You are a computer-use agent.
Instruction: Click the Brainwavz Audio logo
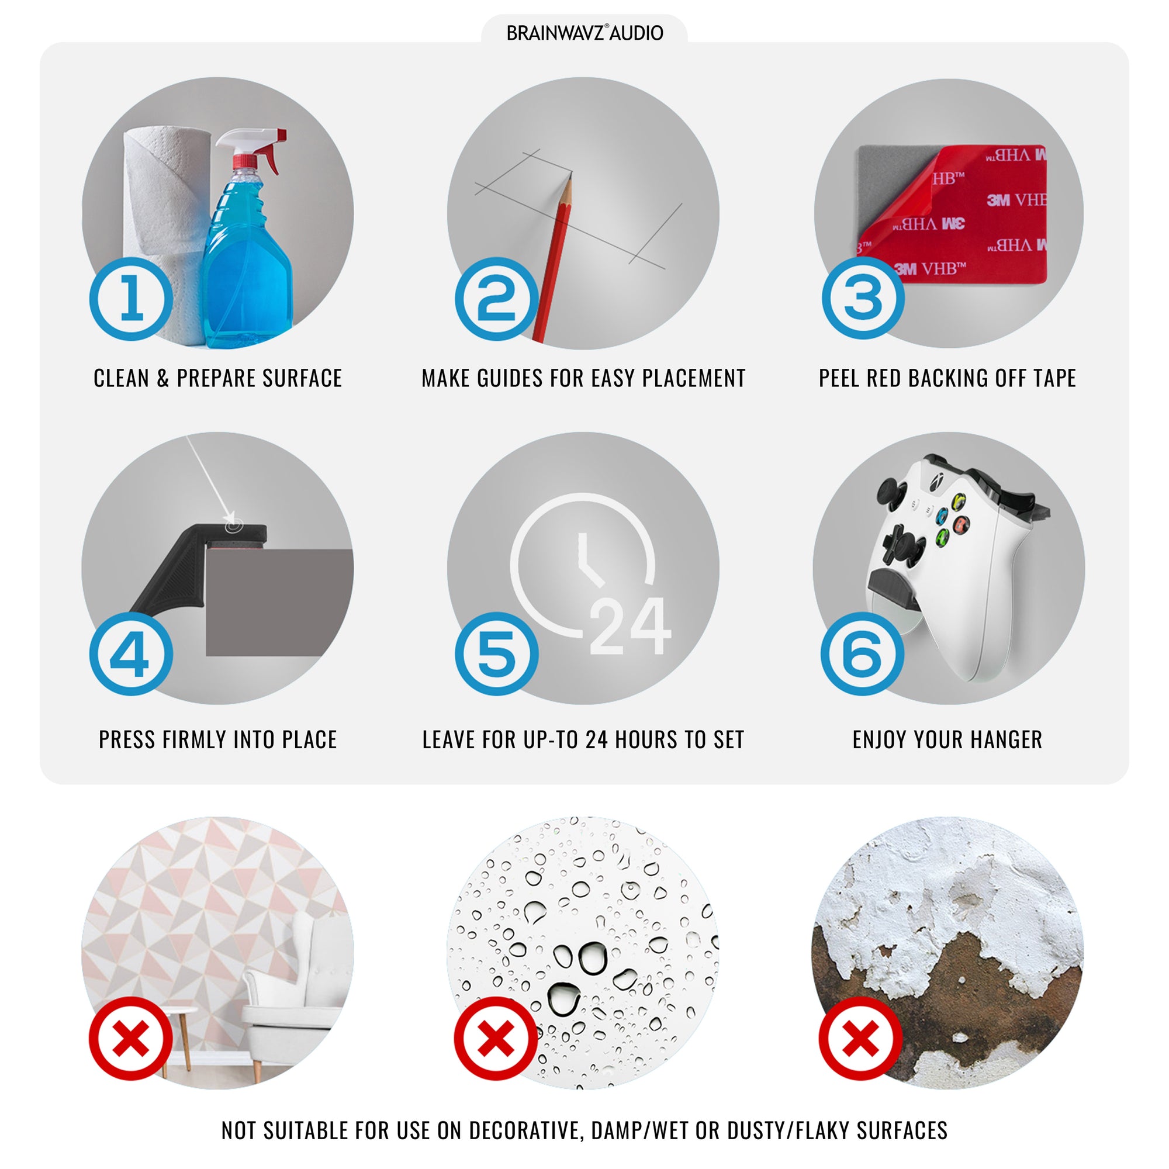click(x=584, y=33)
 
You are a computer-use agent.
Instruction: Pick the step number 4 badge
click(x=132, y=653)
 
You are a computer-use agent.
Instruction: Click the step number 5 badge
click(x=497, y=653)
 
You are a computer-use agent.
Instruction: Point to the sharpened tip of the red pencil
click(x=570, y=174)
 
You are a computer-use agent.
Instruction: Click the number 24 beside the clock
click(x=630, y=627)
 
